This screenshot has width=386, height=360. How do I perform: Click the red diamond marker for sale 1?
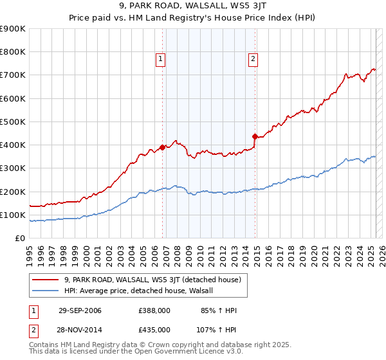tap(162, 147)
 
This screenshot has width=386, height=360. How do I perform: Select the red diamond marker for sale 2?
tap(255, 136)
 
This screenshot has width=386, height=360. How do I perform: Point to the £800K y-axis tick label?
tap(13, 52)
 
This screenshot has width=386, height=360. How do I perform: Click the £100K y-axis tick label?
tap(13, 215)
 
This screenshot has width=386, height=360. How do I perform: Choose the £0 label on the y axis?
tap(19, 239)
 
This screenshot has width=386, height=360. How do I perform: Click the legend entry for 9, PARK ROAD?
tap(152, 280)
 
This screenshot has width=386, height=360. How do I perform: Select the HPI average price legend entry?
tap(142, 291)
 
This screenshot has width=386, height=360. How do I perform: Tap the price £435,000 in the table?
tap(154, 329)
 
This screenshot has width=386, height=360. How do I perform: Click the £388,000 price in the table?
tap(154, 311)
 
